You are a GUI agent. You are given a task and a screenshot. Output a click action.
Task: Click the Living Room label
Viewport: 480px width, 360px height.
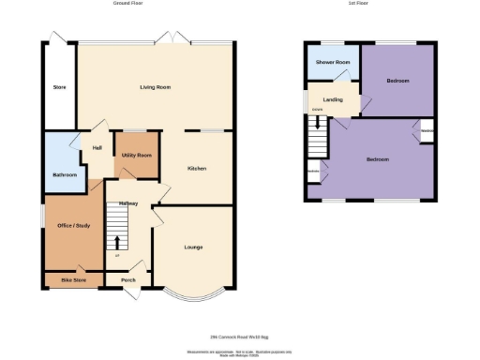pos(155,87)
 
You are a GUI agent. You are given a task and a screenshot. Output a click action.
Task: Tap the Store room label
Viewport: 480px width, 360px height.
pos(58,88)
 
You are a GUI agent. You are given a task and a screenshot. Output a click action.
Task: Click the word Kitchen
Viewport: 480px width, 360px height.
pos(197,168)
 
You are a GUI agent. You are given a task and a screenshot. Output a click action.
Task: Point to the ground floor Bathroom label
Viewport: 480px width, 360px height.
pos(65,174)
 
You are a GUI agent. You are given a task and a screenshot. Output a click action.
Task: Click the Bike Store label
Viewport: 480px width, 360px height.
pos(73,279)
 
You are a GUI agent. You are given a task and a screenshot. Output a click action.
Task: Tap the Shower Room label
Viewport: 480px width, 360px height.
pos(332,62)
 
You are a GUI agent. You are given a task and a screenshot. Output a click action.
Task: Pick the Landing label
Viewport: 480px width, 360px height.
pos(332,99)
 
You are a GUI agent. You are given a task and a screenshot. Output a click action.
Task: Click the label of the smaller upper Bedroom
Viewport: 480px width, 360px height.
pos(397,82)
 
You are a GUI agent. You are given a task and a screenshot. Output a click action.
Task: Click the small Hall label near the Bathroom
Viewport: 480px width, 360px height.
pos(97,147)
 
